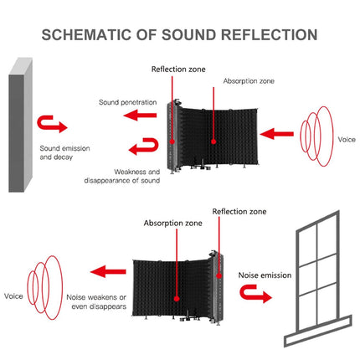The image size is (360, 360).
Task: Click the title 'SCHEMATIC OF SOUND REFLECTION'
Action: (180, 35)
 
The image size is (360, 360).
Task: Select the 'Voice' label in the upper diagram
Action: (347, 140)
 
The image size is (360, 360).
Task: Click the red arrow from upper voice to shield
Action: (279, 131)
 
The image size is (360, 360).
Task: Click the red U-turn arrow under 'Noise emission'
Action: (253, 292)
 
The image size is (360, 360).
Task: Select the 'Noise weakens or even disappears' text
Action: (97, 301)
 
